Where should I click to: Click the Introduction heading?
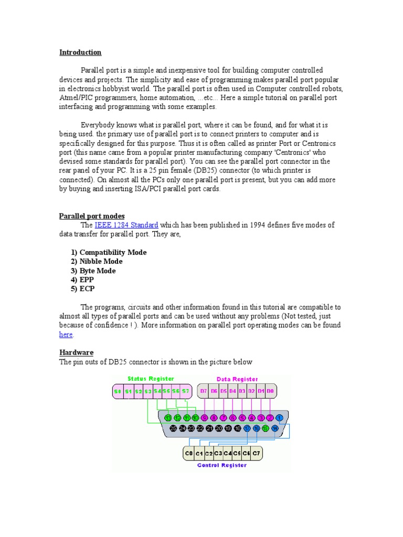[80, 52]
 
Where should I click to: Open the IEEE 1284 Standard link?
[126, 225]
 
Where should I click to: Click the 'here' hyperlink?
[66, 335]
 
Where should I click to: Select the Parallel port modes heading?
[91, 216]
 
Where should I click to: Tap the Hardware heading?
[76, 353]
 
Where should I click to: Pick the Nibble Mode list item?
[97, 262]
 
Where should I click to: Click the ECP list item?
[83, 289]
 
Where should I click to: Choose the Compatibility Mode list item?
[109, 252]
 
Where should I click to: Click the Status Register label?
[151, 379]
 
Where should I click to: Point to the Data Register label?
[237, 379]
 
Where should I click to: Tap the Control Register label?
[222, 465]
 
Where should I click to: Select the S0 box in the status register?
[118, 391]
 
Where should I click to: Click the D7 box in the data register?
[203, 391]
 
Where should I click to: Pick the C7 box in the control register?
[256, 453]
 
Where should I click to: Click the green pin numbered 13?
[168, 418]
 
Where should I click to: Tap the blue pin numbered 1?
[280, 418]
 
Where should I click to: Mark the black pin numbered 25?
[174, 428]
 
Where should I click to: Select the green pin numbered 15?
[266, 428]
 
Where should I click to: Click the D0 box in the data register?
[270, 391]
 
